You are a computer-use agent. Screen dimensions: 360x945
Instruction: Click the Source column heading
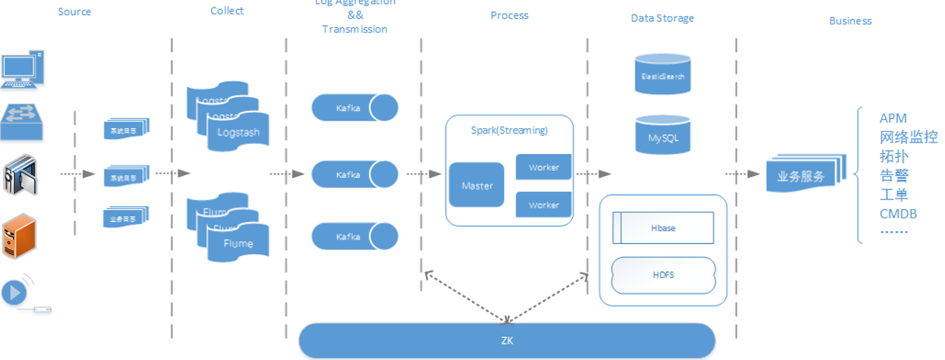pyautogui.click(x=74, y=12)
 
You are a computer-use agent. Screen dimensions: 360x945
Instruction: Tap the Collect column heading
pyautogui.click(x=227, y=11)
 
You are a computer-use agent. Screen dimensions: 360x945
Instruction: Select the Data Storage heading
pyautogui.click(x=662, y=18)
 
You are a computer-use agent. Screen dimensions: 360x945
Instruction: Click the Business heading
pyautogui.click(x=850, y=21)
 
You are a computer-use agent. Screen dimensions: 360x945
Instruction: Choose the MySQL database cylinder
pyautogui.click(x=662, y=137)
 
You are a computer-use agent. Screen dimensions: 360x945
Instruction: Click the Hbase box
pyautogui.click(x=662, y=227)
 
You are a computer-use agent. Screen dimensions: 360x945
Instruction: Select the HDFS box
pyautogui.click(x=662, y=275)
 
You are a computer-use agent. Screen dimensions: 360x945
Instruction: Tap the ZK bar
pyautogui.click(x=507, y=340)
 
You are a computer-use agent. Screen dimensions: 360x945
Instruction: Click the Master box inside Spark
pyautogui.click(x=477, y=185)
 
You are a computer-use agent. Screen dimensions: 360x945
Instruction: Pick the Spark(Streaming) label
pyautogui.click(x=508, y=130)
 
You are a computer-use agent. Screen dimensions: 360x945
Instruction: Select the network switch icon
pyautogui.click(x=23, y=121)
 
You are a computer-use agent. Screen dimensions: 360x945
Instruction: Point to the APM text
pyautogui.click(x=893, y=118)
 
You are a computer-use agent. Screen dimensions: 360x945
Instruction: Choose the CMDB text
pyautogui.click(x=898, y=214)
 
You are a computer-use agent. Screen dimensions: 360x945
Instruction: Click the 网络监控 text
pyautogui.click(x=909, y=137)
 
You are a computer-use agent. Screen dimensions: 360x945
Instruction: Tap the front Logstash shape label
pyautogui.click(x=238, y=133)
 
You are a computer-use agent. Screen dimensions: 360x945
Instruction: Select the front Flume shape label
pyautogui.click(x=238, y=244)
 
